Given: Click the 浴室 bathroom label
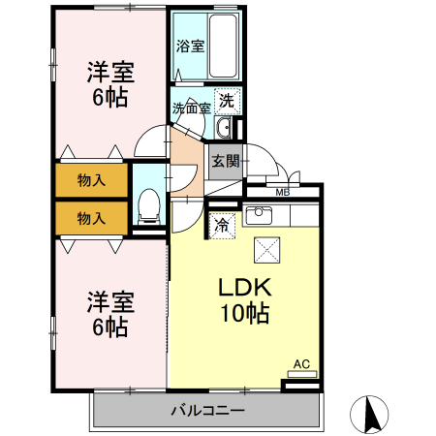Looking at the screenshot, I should (x=190, y=46).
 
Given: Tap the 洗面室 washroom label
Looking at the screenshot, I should (x=192, y=107).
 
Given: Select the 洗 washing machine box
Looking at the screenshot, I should (x=226, y=99).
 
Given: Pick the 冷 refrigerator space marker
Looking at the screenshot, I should (x=222, y=226).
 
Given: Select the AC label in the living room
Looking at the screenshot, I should (x=301, y=364).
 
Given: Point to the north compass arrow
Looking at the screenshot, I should (x=369, y=414).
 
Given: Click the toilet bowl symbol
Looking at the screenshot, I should (x=149, y=204).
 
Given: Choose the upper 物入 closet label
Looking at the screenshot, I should (x=91, y=181).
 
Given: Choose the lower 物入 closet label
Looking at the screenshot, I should (x=91, y=218).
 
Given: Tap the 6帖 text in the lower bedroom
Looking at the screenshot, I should (x=109, y=327).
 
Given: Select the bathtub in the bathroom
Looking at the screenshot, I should (x=220, y=48).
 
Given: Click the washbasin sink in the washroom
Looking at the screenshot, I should (x=224, y=128).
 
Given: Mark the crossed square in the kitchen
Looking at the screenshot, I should (x=266, y=250).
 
